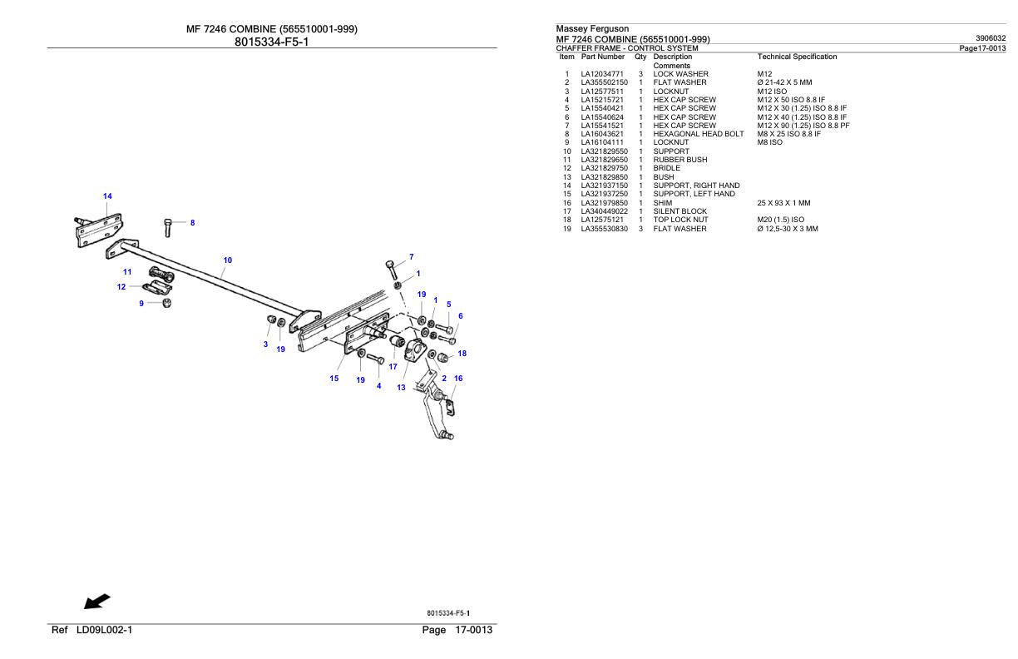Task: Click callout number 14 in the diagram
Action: (x=107, y=196)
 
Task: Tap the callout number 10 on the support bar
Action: (x=227, y=260)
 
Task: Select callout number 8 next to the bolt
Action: (x=192, y=223)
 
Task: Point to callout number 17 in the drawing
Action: (x=393, y=366)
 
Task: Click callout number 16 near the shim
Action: (x=458, y=378)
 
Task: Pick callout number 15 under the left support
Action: (x=334, y=379)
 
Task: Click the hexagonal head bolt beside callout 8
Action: (x=169, y=225)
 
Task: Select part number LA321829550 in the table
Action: (x=604, y=151)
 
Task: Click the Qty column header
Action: (x=640, y=57)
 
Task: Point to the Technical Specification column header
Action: (x=797, y=57)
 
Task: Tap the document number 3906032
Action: (x=991, y=38)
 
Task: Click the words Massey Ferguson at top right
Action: (x=592, y=29)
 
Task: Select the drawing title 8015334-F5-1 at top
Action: (x=271, y=42)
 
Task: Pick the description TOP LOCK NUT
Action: (x=680, y=220)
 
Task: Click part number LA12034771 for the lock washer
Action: (x=604, y=74)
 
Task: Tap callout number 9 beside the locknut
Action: (x=141, y=304)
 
